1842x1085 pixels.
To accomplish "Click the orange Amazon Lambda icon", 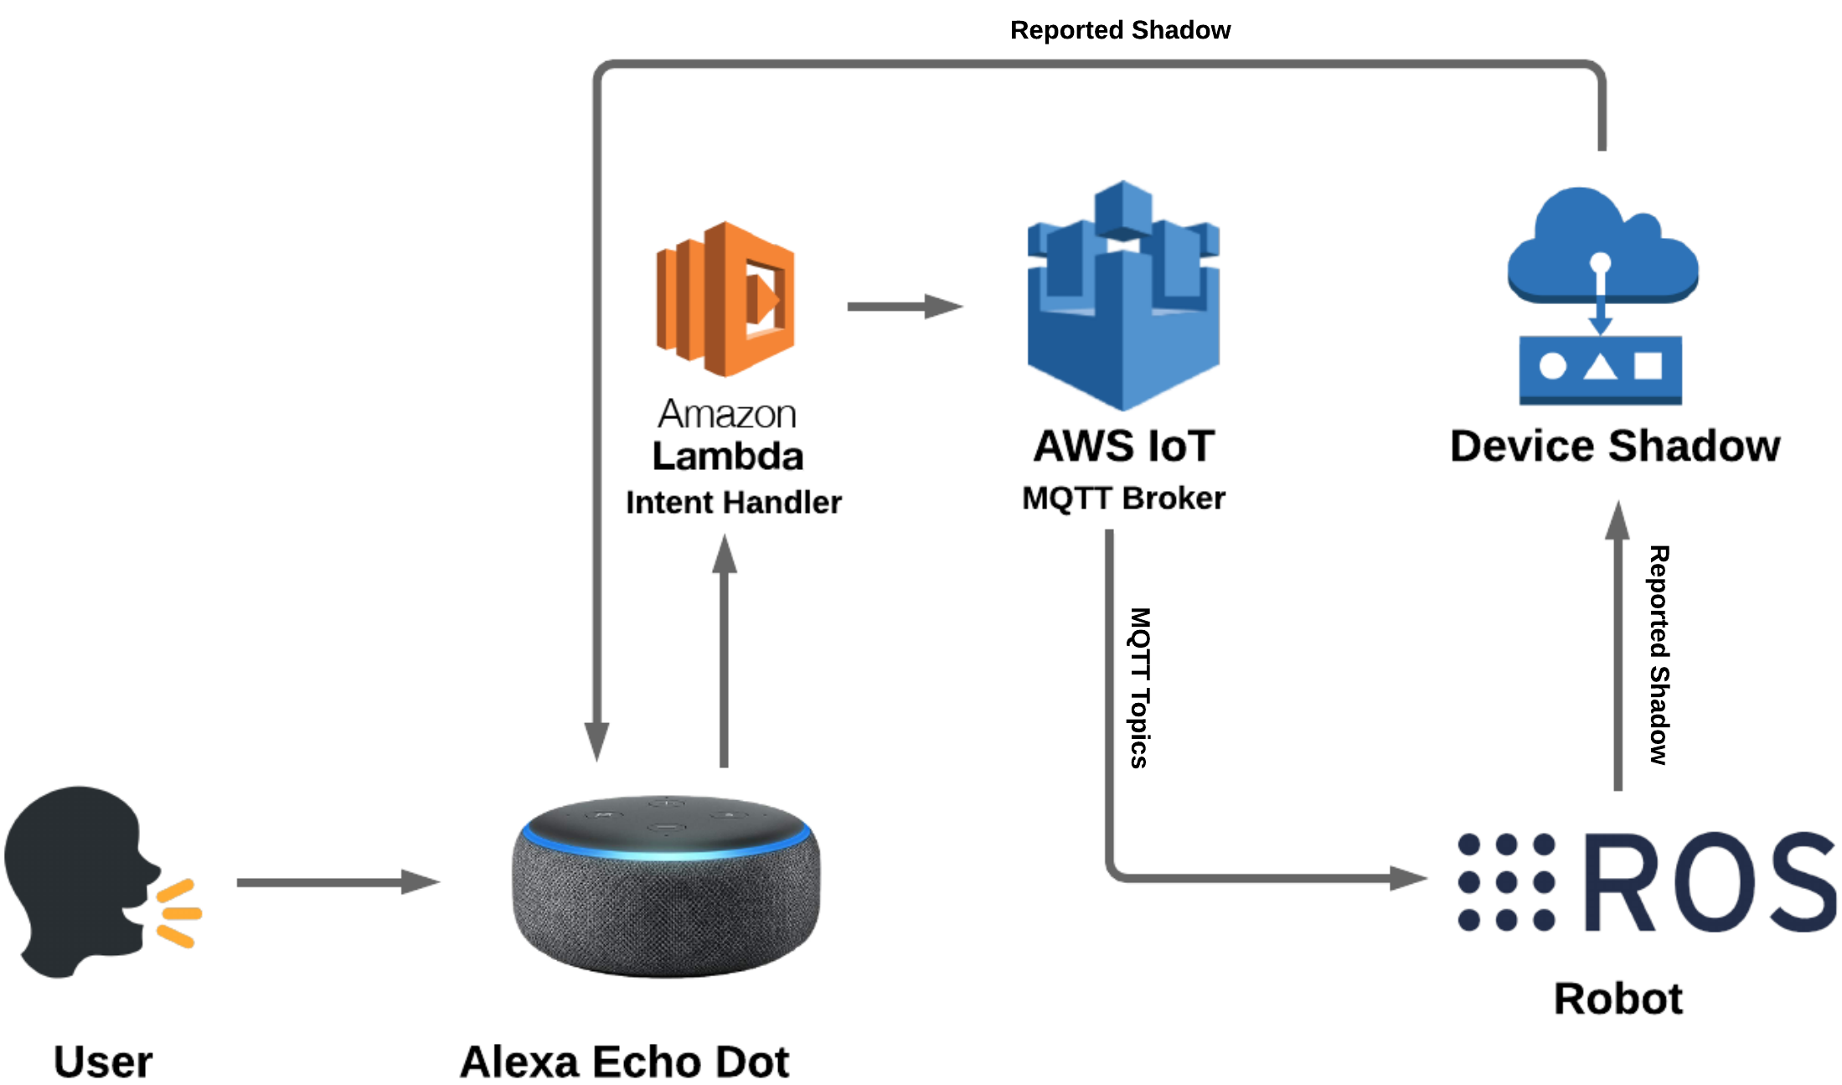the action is coord(725,299).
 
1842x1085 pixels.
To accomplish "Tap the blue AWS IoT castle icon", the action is coord(1123,296).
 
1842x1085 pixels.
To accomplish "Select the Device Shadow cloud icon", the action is coord(1602,296).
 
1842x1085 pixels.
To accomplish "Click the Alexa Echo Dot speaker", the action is coord(667,886).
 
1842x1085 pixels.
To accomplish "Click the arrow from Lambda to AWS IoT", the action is coord(906,306).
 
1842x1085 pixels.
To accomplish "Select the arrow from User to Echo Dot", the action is coord(338,881).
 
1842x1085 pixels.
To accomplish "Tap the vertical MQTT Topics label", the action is coord(1140,688).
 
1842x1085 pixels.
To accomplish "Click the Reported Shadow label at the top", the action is coord(1120,30).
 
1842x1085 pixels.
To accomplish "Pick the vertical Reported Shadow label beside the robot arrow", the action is coord(1659,655).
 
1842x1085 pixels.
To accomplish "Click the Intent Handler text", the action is coord(734,503).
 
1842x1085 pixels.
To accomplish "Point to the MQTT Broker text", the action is coord(1123,499).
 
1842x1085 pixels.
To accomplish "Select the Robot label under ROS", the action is coord(1618,999).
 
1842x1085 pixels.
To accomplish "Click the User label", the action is coord(103,1062).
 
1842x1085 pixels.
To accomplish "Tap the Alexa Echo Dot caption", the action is coord(625,1062).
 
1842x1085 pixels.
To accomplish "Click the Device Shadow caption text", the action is coord(1615,446).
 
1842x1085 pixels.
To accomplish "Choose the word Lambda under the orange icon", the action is coord(728,457).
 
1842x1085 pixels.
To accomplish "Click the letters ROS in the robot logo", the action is coord(1710,882).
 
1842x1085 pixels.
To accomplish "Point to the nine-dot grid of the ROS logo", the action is coord(1506,882).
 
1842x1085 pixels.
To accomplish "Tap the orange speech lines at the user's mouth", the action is coord(178,913).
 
